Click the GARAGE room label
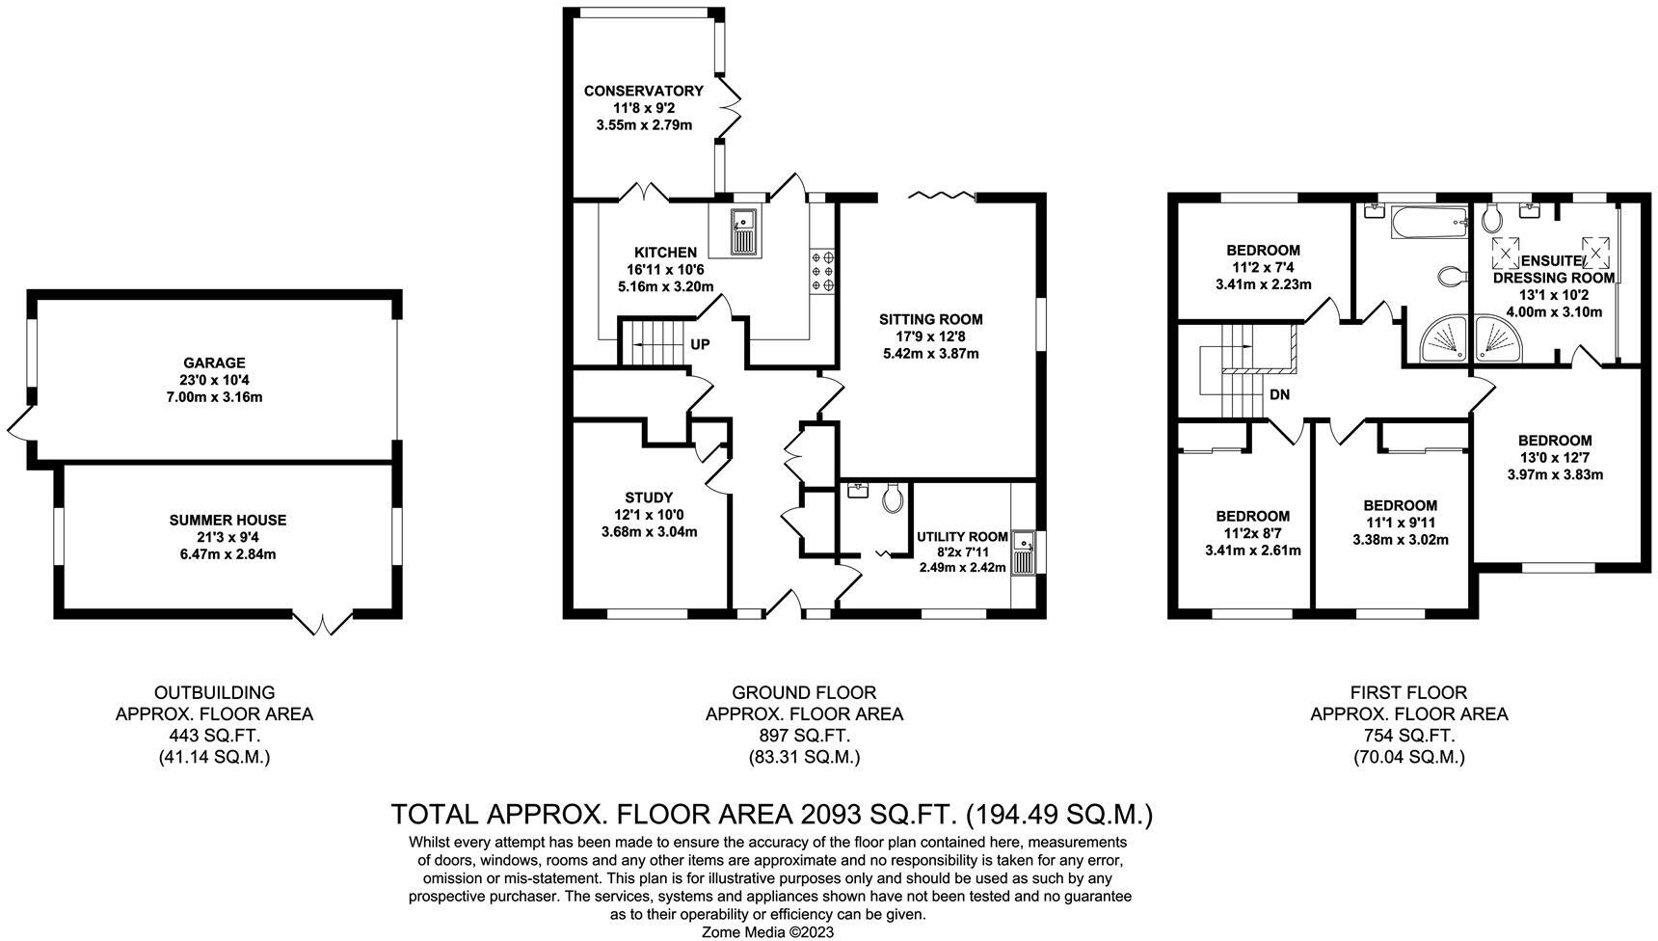[x=214, y=363]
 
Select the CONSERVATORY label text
[x=644, y=91]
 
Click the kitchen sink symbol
[x=745, y=231]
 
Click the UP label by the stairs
[x=700, y=344]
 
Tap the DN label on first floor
[x=1279, y=394]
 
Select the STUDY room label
[x=649, y=497]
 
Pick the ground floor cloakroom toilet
[x=893, y=497]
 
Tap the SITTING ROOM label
[x=930, y=319]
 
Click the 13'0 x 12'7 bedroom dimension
[x=1555, y=458]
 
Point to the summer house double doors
[x=323, y=622]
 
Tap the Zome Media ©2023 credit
[x=767, y=932]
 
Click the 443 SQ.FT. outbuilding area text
[x=214, y=736]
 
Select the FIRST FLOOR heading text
[x=1408, y=692]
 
